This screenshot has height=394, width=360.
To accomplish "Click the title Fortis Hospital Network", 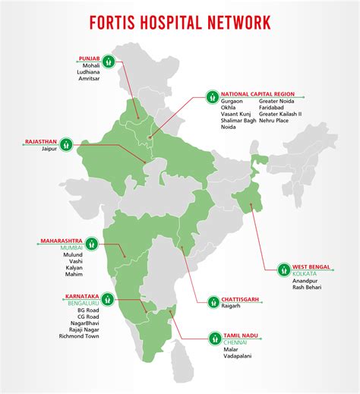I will point(180,21).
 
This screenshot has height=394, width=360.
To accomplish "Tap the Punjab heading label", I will point(89,58).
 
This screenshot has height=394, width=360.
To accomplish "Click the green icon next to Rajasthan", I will point(67,142).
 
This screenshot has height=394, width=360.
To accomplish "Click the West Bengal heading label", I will point(311,266).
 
